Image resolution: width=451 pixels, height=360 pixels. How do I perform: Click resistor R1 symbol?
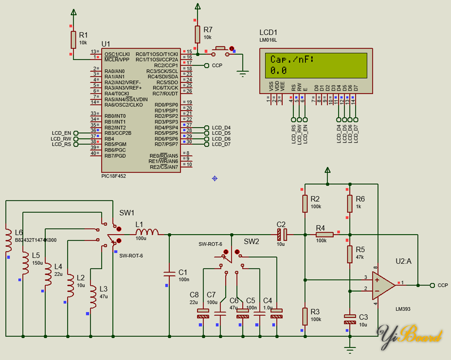(x=73, y=40)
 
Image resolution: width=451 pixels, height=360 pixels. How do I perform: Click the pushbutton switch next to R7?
(x=219, y=49)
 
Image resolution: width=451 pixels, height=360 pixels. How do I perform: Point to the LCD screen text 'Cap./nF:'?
(x=292, y=60)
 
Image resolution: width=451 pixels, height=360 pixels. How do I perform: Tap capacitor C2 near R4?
(x=282, y=235)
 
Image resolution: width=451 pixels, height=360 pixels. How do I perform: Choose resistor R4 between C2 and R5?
(x=325, y=235)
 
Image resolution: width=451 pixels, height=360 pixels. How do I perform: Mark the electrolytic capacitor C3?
(x=350, y=319)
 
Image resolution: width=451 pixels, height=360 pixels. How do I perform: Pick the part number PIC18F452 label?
(x=113, y=176)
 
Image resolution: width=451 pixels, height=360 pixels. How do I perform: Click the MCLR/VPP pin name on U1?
(x=117, y=60)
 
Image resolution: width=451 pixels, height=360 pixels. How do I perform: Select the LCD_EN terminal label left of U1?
(x=61, y=133)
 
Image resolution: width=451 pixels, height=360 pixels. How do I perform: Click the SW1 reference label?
(x=127, y=213)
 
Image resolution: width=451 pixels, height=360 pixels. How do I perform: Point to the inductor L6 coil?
(x=8, y=241)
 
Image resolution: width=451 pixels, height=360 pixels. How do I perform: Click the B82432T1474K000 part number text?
(x=36, y=240)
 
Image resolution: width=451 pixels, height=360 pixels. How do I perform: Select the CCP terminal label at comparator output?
(x=442, y=286)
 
